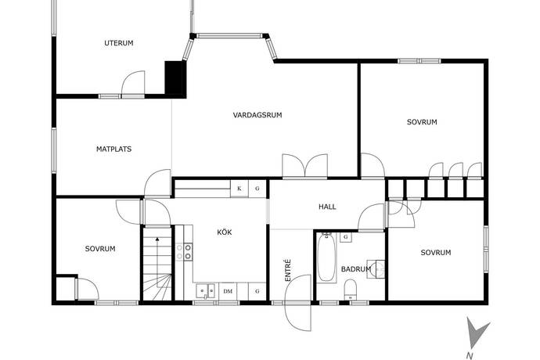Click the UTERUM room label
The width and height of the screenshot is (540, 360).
119,43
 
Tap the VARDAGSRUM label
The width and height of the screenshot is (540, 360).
257,115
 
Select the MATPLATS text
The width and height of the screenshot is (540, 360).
113,149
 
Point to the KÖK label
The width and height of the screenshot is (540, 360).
224,232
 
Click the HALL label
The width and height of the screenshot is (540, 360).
327,207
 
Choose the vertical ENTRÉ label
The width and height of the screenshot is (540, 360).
288,271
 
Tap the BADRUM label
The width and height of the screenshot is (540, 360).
356,269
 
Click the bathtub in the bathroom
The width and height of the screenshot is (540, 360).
326,257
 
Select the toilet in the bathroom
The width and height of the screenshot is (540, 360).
351,290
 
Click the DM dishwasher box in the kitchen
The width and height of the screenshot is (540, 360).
228,291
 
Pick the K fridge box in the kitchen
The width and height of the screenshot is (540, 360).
239,189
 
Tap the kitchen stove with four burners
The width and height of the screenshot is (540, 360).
184,252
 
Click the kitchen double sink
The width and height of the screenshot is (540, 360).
205,291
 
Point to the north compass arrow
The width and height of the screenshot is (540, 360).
476,333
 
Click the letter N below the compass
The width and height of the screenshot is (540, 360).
469,356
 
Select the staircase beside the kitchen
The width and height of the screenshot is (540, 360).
157,264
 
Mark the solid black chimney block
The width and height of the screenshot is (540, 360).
175,77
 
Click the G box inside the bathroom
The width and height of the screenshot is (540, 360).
345,237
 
